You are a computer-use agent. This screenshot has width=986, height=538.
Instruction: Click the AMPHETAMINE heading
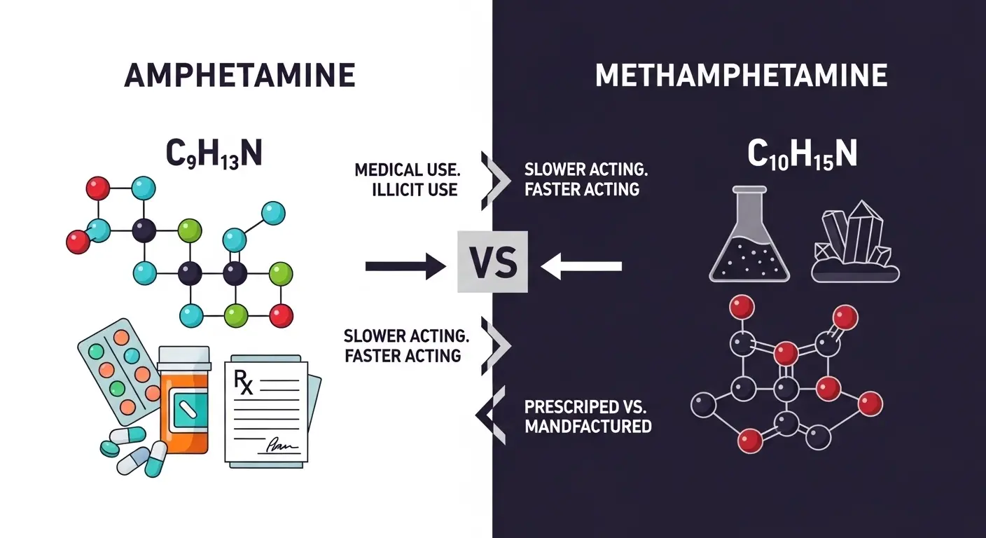[239, 76]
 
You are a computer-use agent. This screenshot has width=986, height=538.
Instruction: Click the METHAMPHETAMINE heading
[741, 76]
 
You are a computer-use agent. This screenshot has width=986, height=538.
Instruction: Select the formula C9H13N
[213, 153]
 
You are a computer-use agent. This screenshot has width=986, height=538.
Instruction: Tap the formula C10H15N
[802, 155]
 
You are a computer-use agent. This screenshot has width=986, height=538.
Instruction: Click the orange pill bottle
[184, 406]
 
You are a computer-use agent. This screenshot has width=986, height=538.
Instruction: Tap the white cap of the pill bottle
[184, 357]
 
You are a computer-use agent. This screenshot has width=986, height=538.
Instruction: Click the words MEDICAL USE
[406, 170]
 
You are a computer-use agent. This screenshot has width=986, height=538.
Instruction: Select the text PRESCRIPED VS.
[587, 406]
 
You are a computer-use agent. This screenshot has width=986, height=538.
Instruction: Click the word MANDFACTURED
[588, 426]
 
